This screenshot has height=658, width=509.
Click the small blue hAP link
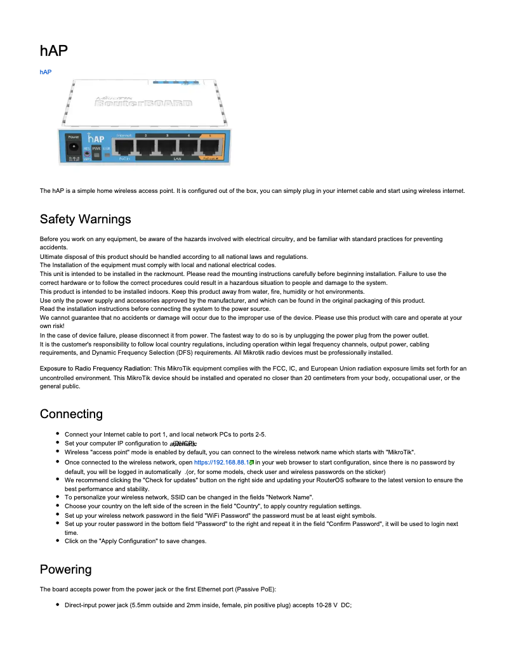pyautogui.click(x=45, y=72)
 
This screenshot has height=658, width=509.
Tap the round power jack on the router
pyautogui.click(x=73, y=148)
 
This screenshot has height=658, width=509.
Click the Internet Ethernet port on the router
pyautogui.click(x=124, y=147)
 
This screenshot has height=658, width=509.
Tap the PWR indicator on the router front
pyautogui.click(x=96, y=148)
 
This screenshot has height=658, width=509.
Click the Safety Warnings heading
pyautogui.click(x=85, y=220)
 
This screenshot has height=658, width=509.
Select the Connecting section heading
pyautogui.click(x=71, y=414)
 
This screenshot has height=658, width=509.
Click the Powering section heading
pyautogui.click(x=65, y=569)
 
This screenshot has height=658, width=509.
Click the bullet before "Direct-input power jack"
pyautogui.click(x=58, y=605)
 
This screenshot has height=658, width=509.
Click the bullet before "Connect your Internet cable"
pyautogui.click(x=58, y=434)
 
